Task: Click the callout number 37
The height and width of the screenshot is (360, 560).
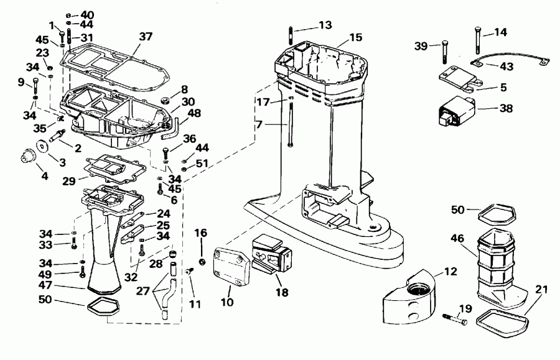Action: tap(145, 37)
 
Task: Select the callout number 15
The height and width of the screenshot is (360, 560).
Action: tap(355, 38)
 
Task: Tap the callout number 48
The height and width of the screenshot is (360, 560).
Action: tap(195, 113)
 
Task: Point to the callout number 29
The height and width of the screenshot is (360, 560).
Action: tap(70, 181)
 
